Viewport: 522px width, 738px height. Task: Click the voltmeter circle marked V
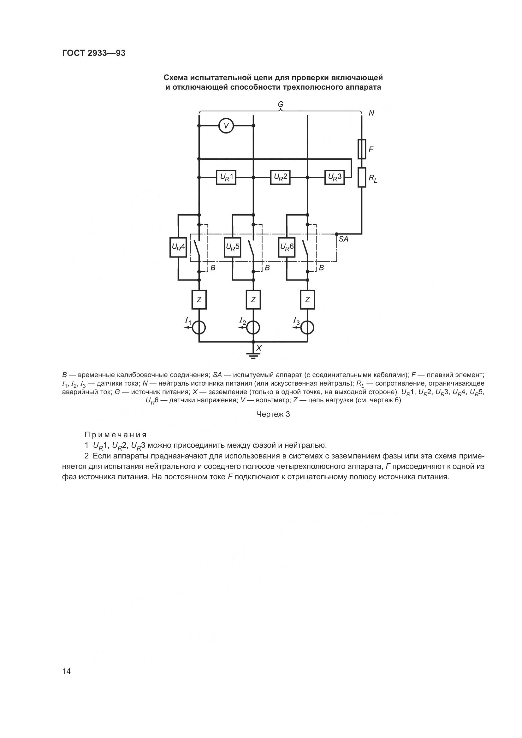point(226,125)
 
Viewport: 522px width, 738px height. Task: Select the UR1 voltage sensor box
point(226,177)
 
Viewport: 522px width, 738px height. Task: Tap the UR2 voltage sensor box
point(280,177)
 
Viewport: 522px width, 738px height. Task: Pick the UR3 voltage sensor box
point(335,177)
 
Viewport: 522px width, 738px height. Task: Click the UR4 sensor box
point(178,247)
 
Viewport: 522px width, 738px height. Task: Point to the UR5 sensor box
point(232,247)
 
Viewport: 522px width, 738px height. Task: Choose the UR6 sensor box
point(287,247)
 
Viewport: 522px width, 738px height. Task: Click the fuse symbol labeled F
point(362,149)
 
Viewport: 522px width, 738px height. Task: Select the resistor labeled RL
point(362,177)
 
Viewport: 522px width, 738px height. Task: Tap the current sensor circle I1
point(199,328)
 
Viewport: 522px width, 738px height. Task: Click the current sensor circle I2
point(253,328)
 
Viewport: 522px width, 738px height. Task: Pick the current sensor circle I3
point(308,328)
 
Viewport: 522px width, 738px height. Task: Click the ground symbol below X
point(253,356)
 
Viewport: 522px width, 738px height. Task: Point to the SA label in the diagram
point(343,239)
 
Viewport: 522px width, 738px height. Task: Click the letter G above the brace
point(280,104)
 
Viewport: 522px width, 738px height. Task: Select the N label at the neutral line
point(371,113)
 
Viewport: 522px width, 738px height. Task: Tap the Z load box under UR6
point(308,299)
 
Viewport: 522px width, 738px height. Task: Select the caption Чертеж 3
point(273,415)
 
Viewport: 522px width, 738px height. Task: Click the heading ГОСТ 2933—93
point(94,53)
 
